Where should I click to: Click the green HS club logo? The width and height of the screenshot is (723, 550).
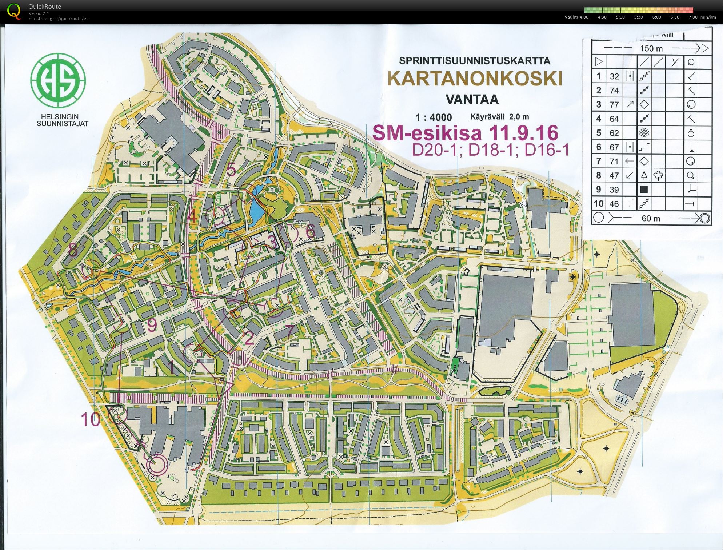click(x=58, y=80)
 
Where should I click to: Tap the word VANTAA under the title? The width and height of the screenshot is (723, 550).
click(x=472, y=99)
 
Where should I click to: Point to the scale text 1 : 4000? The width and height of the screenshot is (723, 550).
click(x=434, y=117)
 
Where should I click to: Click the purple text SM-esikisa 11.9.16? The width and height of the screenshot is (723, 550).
click(x=465, y=133)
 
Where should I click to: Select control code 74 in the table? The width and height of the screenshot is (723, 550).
click(x=614, y=91)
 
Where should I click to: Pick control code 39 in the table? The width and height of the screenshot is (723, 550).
click(x=614, y=190)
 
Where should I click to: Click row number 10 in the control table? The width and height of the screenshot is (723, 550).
click(x=599, y=204)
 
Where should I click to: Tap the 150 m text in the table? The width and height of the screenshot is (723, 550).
click(x=651, y=48)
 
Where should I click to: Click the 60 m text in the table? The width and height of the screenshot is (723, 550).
click(x=651, y=218)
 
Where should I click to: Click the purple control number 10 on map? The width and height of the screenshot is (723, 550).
click(x=91, y=419)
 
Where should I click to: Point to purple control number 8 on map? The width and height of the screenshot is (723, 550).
click(x=73, y=250)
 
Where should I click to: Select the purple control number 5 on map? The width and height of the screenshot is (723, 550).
click(x=231, y=170)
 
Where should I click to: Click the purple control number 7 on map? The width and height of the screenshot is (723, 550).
click(x=290, y=331)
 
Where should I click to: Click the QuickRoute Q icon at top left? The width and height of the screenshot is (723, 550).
click(x=14, y=11)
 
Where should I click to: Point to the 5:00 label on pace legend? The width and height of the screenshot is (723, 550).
click(x=620, y=17)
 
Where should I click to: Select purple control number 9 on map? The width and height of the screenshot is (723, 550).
click(x=152, y=326)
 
